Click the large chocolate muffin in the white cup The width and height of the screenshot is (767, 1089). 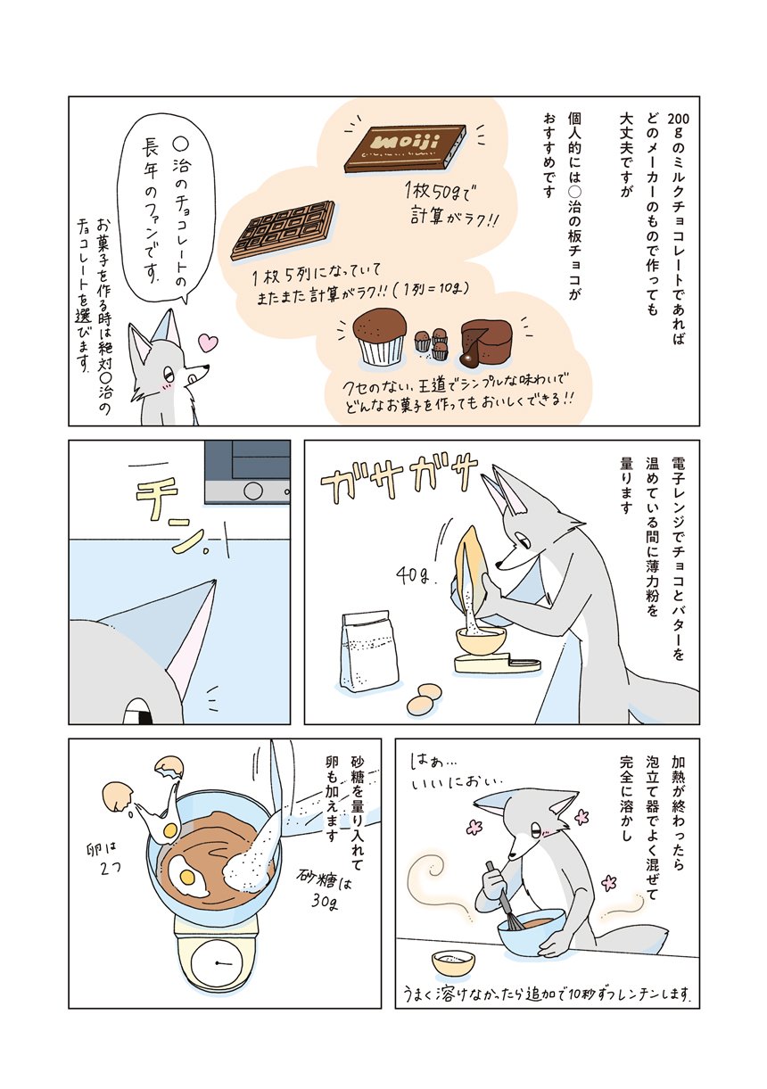click(x=380, y=337)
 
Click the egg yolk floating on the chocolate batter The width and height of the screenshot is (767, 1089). click(x=186, y=877)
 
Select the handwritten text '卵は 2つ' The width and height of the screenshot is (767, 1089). click(x=102, y=856)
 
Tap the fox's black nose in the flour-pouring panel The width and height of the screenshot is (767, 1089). click(x=499, y=565)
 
